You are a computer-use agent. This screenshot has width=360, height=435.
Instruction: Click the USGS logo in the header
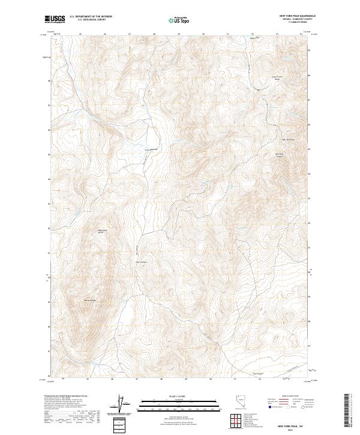[55, 19]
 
